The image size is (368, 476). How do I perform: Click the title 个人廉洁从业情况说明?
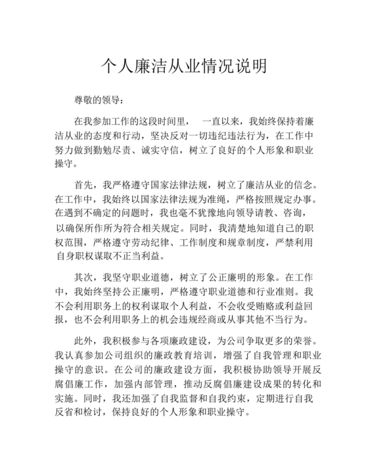tap(184, 66)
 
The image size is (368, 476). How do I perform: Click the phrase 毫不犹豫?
tap(203, 213)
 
